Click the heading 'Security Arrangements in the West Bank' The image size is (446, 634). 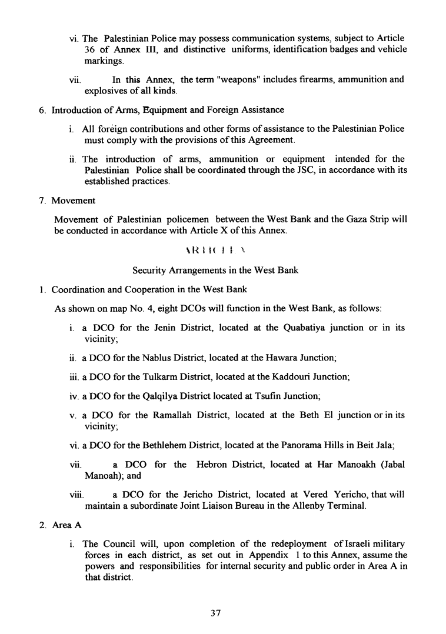(x=215, y=271)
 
